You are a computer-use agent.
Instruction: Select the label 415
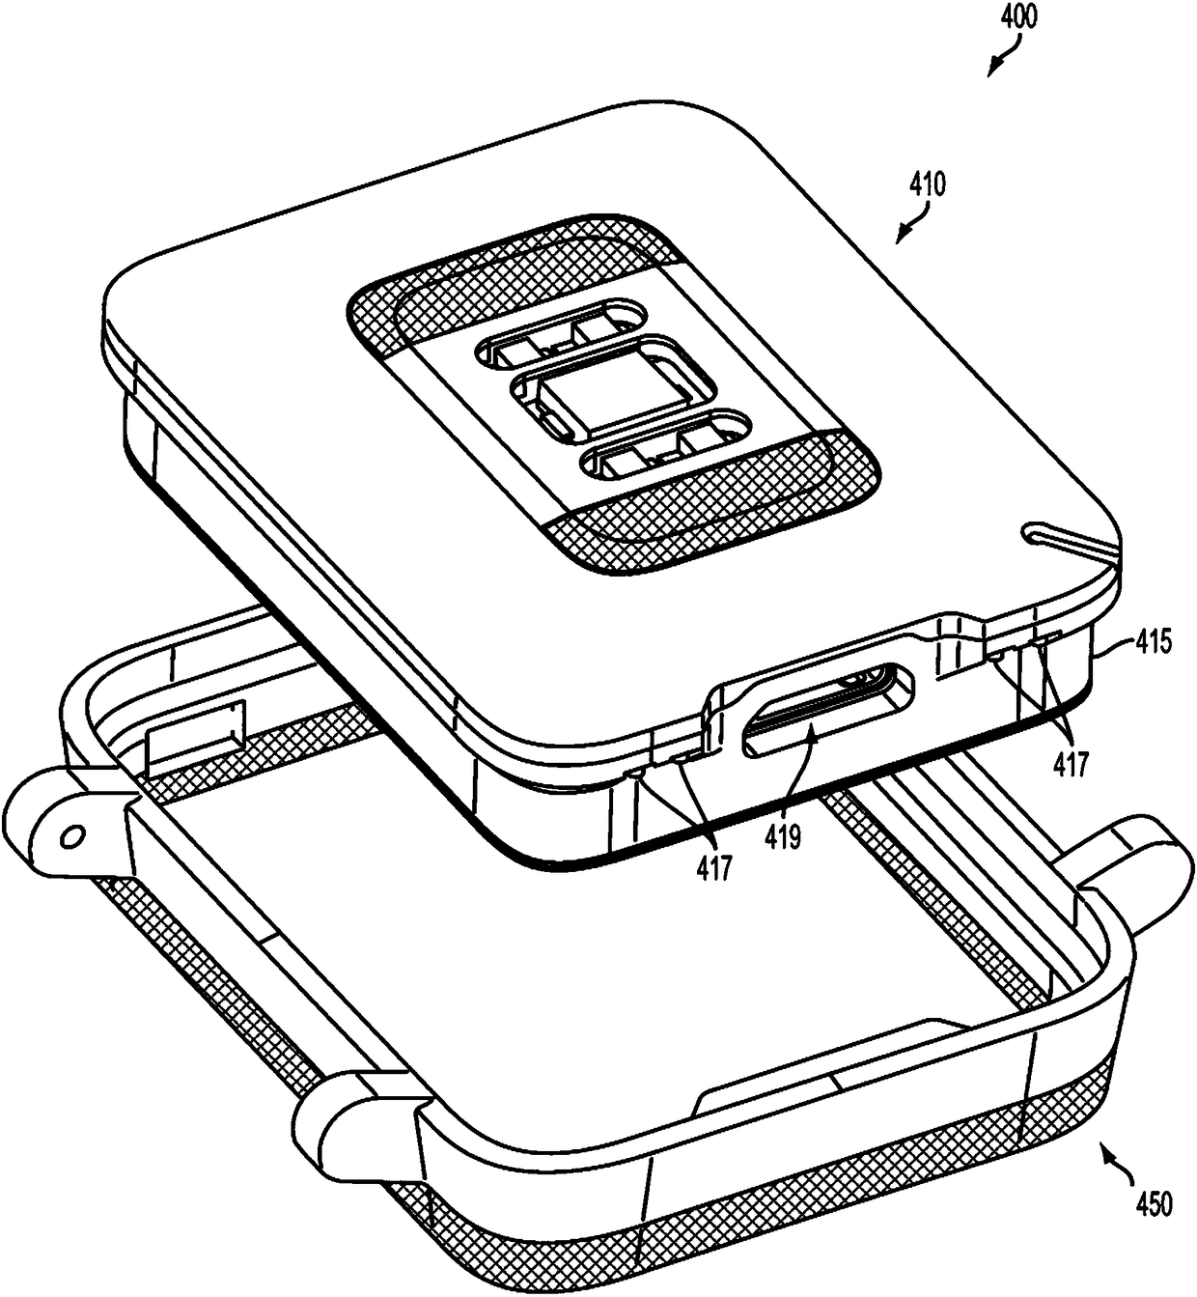pos(1150,642)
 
